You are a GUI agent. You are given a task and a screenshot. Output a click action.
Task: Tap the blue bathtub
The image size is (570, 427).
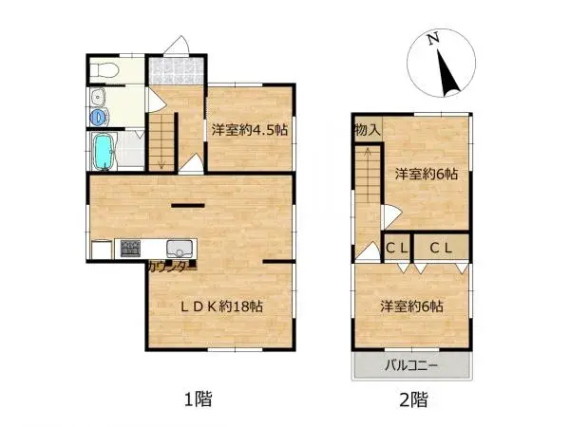(x=103, y=149)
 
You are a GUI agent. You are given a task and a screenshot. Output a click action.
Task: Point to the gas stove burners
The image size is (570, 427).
(x=129, y=250)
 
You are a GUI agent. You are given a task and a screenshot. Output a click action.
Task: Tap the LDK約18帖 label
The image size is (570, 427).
(x=222, y=306)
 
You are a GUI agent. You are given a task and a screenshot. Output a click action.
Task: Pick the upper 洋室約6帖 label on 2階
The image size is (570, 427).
(x=427, y=174)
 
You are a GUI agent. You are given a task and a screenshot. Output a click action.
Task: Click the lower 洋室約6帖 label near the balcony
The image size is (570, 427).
(x=411, y=306)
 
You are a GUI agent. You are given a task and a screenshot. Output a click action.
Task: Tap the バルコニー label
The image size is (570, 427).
(x=410, y=365)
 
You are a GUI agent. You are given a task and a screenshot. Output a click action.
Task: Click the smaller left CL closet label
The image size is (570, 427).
(x=396, y=248)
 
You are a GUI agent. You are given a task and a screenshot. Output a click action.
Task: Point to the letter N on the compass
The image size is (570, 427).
(x=432, y=39)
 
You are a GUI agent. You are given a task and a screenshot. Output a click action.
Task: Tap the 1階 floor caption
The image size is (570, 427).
(x=199, y=399)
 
